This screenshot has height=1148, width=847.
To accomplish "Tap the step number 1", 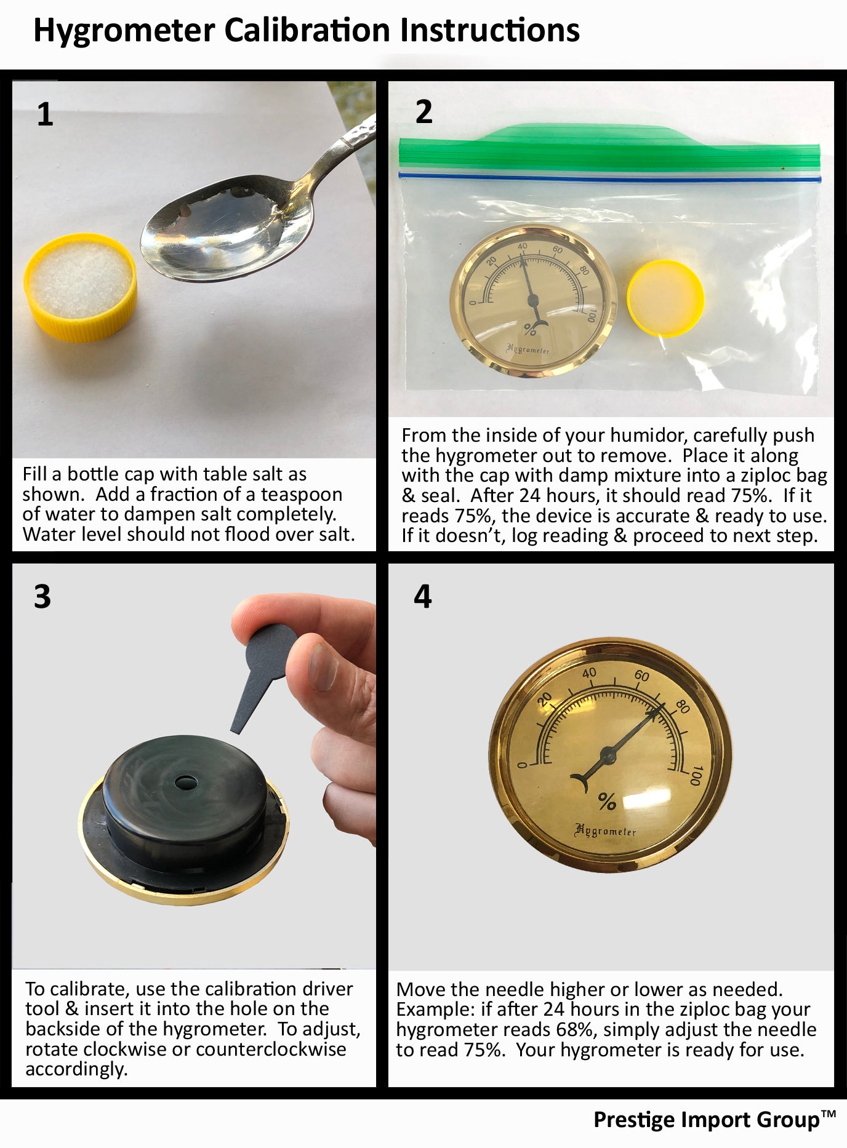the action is (x=45, y=115).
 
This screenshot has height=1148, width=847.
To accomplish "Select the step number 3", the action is (x=42, y=596).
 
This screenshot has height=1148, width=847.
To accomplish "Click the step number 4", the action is (x=423, y=596).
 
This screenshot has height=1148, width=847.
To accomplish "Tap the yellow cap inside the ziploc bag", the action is (x=666, y=298).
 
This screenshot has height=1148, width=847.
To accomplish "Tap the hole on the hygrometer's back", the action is (x=184, y=783).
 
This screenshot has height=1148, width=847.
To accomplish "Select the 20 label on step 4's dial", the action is (x=545, y=700).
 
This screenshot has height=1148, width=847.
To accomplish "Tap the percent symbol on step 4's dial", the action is (x=607, y=802).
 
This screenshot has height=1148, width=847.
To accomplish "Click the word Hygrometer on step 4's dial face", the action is (x=605, y=831).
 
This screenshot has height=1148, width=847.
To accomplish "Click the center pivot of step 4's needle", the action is (x=609, y=751).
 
